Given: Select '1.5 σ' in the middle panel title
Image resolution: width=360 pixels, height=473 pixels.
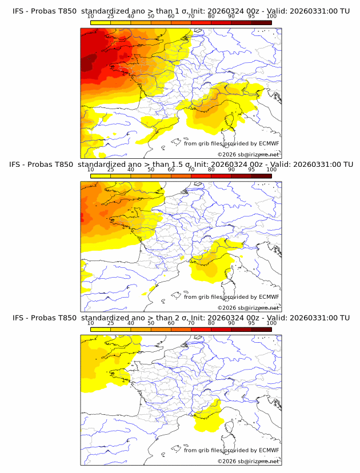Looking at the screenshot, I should click(187, 165).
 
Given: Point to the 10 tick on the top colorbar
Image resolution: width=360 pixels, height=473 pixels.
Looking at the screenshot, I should click(90, 16).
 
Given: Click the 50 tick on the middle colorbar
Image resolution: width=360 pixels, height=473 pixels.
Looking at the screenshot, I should click(151, 170).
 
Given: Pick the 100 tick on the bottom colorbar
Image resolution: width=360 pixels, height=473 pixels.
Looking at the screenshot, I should click(271, 323).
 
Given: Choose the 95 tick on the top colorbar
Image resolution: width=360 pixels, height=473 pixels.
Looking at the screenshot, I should click(251, 16).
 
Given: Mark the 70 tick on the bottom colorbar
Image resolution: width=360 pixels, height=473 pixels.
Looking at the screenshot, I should click(191, 323).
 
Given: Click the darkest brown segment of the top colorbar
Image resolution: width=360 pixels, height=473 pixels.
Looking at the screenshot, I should click(261, 22).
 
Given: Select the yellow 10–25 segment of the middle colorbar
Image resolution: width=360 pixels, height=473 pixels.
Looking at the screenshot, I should click(101, 176).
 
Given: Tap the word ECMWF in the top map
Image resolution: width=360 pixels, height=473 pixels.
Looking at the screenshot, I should click(269, 143).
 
